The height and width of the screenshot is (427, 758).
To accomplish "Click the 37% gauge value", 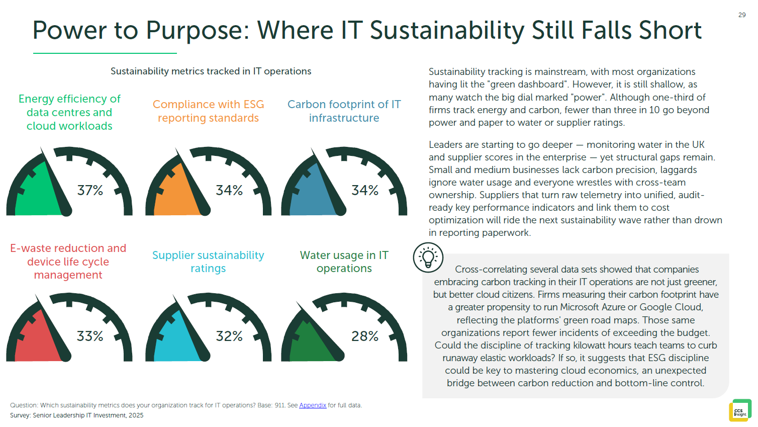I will point(90,190).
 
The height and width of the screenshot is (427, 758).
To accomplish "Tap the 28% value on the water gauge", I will point(365,336).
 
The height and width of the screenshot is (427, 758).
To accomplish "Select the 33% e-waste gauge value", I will point(90,336).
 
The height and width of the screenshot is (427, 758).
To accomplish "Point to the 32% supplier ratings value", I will point(229,336).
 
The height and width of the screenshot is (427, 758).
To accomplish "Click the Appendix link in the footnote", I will point(313,405).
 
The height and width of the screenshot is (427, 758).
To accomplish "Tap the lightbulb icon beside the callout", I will point(428,258).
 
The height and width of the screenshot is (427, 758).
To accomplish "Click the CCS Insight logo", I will point(740,410).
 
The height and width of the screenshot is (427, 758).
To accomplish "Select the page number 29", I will point(742,15).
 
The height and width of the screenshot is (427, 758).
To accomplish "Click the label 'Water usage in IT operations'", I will point(344,262).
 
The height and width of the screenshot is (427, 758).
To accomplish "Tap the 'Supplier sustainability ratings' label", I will point(208,262).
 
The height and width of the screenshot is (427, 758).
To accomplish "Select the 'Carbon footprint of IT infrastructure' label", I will point(344,111).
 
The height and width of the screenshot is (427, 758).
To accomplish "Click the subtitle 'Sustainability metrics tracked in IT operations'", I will point(211,71).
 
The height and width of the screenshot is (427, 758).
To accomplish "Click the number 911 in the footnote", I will point(279,405).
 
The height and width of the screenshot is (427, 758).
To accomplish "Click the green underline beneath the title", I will point(105,53).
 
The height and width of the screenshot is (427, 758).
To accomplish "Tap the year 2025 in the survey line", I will point(136,415).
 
